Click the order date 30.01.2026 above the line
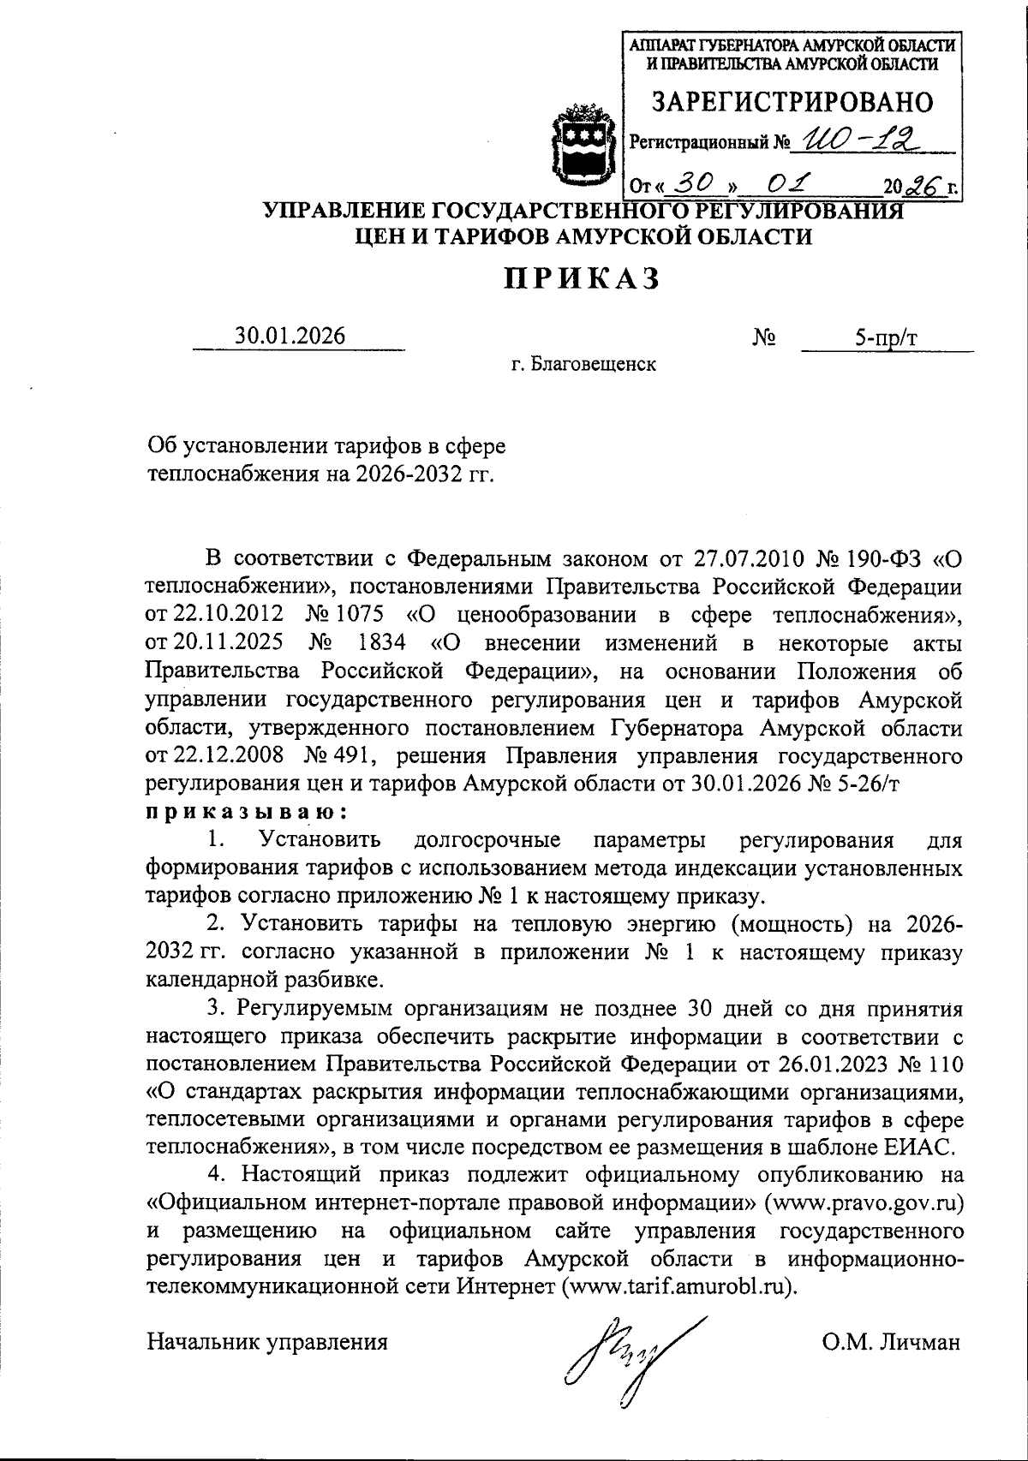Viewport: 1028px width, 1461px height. (x=291, y=336)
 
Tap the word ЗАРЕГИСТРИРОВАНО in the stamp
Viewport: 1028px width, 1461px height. (x=792, y=103)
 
